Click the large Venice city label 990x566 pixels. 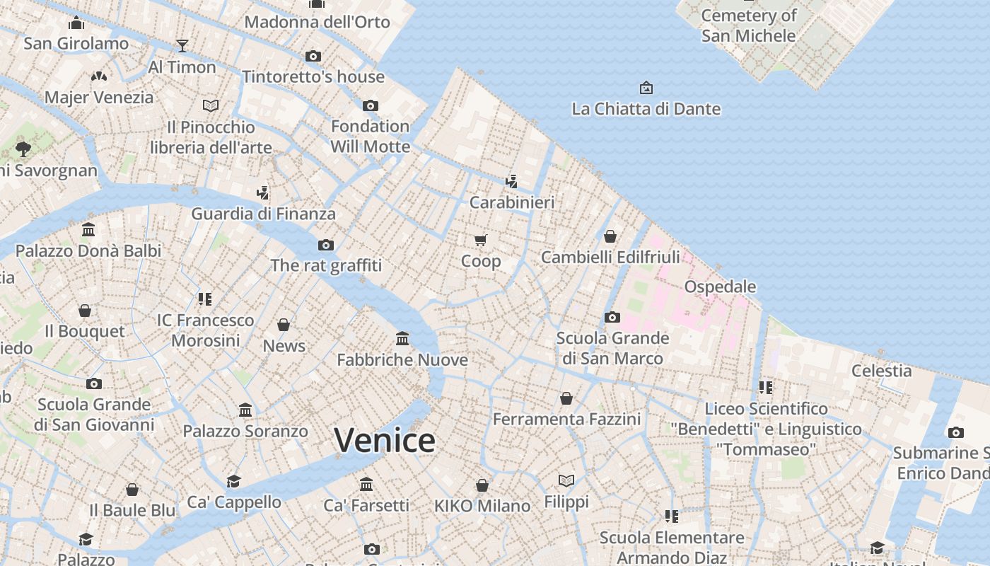click(385, 440)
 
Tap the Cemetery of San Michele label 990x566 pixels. click(748, 25)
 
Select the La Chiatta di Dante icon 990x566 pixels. click(646, 88)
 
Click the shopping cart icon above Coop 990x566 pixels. click(481, 241)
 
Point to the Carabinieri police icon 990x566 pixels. click(512, 182)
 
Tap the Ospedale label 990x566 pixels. click(720, 287)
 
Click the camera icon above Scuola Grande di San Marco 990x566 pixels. click(612, 317)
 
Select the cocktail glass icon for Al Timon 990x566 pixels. click(182, 46)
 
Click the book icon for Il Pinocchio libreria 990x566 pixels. click(211, 105)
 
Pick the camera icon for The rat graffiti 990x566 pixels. click(326, 245)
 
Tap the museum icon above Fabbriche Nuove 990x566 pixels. click(402, 339)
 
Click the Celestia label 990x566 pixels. click(881, 370)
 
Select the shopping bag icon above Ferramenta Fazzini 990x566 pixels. click(566, 398)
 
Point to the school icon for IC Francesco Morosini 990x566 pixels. click(205, 299)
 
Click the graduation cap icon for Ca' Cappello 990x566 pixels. click(233, 481)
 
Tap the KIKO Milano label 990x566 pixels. click(482, 506)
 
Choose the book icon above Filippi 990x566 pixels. click(566, 481)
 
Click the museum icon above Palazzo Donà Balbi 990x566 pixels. click(88, 230)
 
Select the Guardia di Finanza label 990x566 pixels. click(263, 213)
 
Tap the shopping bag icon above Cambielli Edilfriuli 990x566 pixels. click(610, 236)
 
